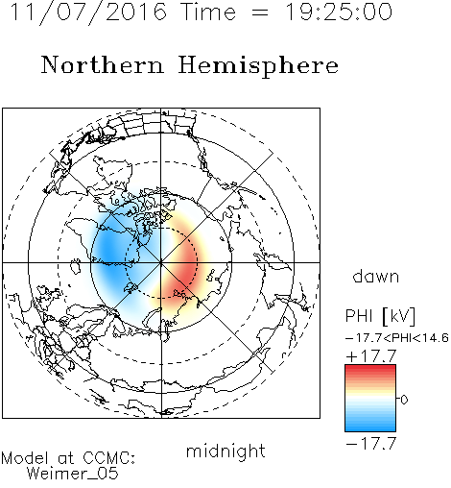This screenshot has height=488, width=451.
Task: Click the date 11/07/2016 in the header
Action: coord(88,12)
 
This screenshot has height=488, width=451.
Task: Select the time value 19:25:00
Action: coord(338,12)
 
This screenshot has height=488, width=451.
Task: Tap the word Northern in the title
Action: coord(103,64)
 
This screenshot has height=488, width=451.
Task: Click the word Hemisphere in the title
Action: coord(258,66)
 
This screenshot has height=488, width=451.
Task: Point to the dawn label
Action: coord(376,276)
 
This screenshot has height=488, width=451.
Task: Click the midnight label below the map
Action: coord(225,451)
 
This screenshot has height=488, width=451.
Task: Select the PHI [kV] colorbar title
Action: coord(380,316)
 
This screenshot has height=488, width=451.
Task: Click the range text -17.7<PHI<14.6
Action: coord(397,338)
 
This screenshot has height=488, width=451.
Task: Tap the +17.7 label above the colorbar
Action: coord(371,356)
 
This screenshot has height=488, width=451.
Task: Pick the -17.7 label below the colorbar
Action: coord(371,444)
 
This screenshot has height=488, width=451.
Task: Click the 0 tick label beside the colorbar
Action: coord(404,400)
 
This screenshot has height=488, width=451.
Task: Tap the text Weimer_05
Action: coord(73,474)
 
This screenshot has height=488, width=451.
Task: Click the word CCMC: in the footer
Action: coord(108,458)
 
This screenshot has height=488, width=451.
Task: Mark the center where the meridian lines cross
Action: coord(161,262)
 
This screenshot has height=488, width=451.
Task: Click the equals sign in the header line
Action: coord(260,12)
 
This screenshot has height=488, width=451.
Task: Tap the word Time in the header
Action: coord(208,12)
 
